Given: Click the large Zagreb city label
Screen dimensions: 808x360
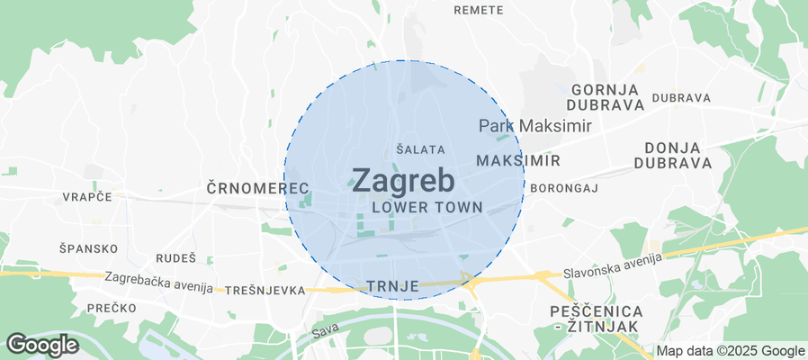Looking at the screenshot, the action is coord(402,181).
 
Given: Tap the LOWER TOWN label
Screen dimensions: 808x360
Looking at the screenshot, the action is coord(426,207).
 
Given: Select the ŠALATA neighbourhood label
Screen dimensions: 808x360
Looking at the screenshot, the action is coord(420,149).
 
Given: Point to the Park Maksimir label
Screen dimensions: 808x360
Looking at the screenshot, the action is coord(534,126).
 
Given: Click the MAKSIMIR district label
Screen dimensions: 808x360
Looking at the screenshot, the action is coord(517,160).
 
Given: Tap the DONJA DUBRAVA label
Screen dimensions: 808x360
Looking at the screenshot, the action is coord(672,155).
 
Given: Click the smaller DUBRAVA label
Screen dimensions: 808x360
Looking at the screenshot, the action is coord(681,97).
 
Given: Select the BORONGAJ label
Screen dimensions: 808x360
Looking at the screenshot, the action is coord(564,188).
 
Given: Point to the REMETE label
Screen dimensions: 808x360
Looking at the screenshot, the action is coord(478,10).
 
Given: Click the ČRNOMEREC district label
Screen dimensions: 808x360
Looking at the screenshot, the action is coord(257,188).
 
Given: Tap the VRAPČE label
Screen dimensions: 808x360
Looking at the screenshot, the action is coord(86,196).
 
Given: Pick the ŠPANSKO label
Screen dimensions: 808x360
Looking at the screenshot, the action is coord(88,248).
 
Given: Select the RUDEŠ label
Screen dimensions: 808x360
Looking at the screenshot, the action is coord(175,257).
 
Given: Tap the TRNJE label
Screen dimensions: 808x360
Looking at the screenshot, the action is coord(393,286).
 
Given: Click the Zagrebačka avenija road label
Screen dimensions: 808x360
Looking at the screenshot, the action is coord(158,283).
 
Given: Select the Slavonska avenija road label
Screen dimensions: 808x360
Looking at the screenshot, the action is coord(612,265).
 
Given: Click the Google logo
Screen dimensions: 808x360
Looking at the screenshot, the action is coord(42,344).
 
